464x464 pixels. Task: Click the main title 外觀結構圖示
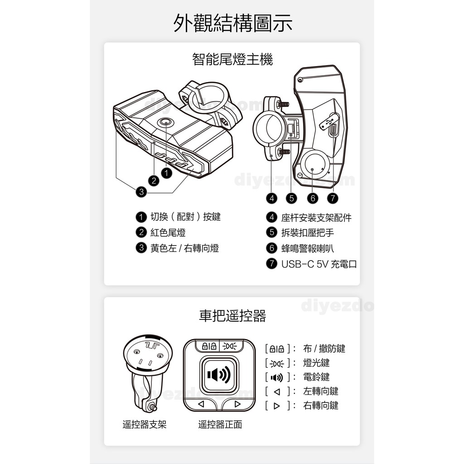pos(232,23)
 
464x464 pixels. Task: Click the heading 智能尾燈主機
pos(232,59)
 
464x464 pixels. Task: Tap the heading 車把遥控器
pos(232,316)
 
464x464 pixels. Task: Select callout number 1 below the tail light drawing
pos(167,173)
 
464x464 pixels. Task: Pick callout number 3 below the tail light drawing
pos(141,192)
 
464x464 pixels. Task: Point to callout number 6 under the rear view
pos(313,198)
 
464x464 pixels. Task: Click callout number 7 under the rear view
pos(333,198)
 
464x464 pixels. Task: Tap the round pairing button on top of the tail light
pos(165,122)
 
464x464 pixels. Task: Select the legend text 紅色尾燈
pos(168,232)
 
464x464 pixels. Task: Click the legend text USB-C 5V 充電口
pos(319,264)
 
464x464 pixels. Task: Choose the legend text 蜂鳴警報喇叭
pos(308,248)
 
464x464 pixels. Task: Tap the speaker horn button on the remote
pos(219,374)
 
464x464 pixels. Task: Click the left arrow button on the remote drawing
pos(202,404)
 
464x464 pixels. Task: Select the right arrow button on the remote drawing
pos(237,404)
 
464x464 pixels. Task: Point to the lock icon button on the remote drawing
pos(209,346)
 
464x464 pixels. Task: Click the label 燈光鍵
pos(316,363)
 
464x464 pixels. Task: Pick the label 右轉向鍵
pos(321,406)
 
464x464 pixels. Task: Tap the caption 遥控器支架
pos(145,425)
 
